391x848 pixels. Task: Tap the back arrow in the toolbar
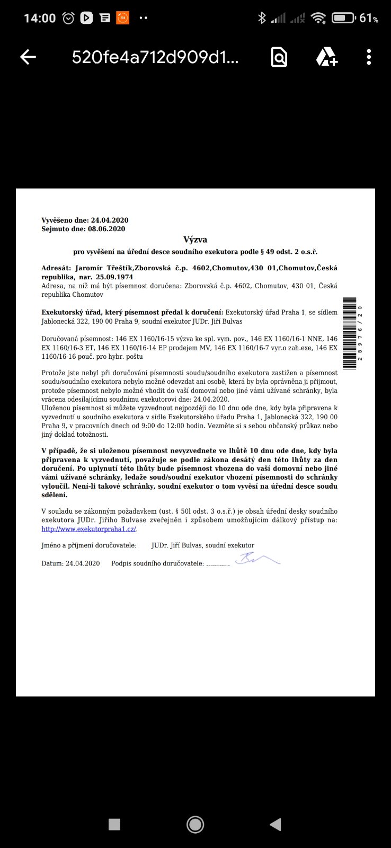click(28, 57)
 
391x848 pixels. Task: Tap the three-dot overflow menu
click(369, 57)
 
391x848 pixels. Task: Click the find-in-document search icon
click(279, 57)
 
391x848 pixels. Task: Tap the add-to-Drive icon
click(326, 57)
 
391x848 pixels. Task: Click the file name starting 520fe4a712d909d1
click(155, 57)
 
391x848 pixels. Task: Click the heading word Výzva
click(195, 240)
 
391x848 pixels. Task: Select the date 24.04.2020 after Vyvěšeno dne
click(110, 220)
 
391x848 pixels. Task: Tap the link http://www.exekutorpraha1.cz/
click(89, 529)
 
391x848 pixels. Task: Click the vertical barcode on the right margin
click(350, 333)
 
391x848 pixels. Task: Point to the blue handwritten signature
click(257, 559)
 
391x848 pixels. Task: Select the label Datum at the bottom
click(52, 563)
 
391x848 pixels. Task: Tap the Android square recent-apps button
click(114, 824)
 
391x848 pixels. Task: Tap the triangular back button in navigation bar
click(276, 824)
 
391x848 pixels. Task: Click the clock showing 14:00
click(40, 18)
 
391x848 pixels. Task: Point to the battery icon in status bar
click(343, 18)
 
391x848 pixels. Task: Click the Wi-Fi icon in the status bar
click(318, 18)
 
